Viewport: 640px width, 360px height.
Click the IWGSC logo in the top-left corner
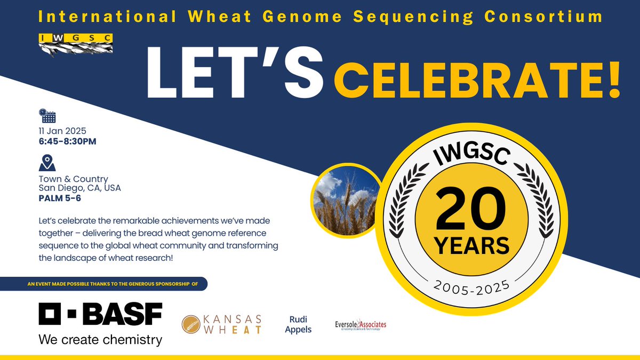(75, 44)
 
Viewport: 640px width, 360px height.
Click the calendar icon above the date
(47, 116)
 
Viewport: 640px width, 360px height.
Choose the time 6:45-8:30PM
(67, 141)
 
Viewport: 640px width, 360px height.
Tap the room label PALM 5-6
(59, 198)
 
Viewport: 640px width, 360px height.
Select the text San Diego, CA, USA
(79, 188)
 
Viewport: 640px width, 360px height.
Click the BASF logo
(100, 314)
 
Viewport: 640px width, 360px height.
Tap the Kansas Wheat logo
(222, 324)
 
